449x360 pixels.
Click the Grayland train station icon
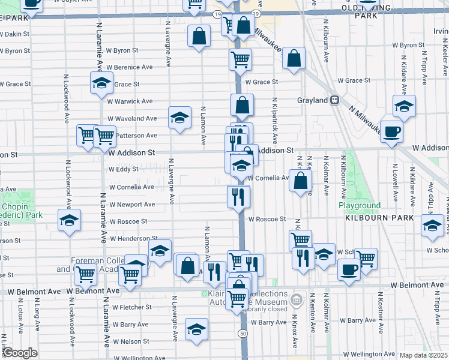(x=336, y=100)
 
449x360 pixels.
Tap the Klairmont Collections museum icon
(x=297, y=299)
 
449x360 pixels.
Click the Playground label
(x=360, y=205)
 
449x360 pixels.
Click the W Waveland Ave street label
(x=132, y=119)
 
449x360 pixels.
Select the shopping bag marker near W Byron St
(x=199, y=36)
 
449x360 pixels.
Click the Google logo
(x=20, y=353)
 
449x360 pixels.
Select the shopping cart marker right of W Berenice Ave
(x=240, y=59)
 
